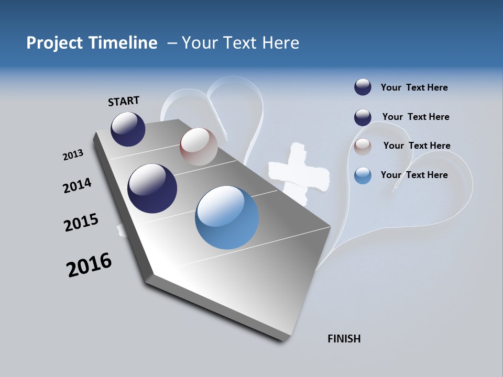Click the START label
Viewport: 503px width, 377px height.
click(124, 101)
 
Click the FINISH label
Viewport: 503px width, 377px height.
click(344, 339)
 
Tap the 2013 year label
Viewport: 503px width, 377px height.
click(73, 155)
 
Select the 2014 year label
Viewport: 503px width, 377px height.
click(77, 185)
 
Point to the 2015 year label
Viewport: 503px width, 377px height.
click(81, 223)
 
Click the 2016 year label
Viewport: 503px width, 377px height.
click(89, 265)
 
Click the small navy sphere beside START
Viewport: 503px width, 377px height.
click(128, 129)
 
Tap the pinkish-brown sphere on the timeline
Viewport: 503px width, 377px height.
click(199, 147)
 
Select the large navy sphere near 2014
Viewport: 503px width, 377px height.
click(152, 188)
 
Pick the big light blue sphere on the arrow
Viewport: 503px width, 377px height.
click(227, 217)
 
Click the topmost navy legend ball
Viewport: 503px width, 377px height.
click(363, 87)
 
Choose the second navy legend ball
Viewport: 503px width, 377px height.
click(363, 117)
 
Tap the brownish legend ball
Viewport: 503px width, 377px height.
click(363, 147)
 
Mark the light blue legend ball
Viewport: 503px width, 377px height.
click(363, 175)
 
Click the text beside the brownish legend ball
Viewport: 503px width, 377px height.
click(417, 146)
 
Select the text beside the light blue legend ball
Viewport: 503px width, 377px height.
click(414, 175)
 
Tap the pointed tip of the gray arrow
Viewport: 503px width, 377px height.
click(283, 339)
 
